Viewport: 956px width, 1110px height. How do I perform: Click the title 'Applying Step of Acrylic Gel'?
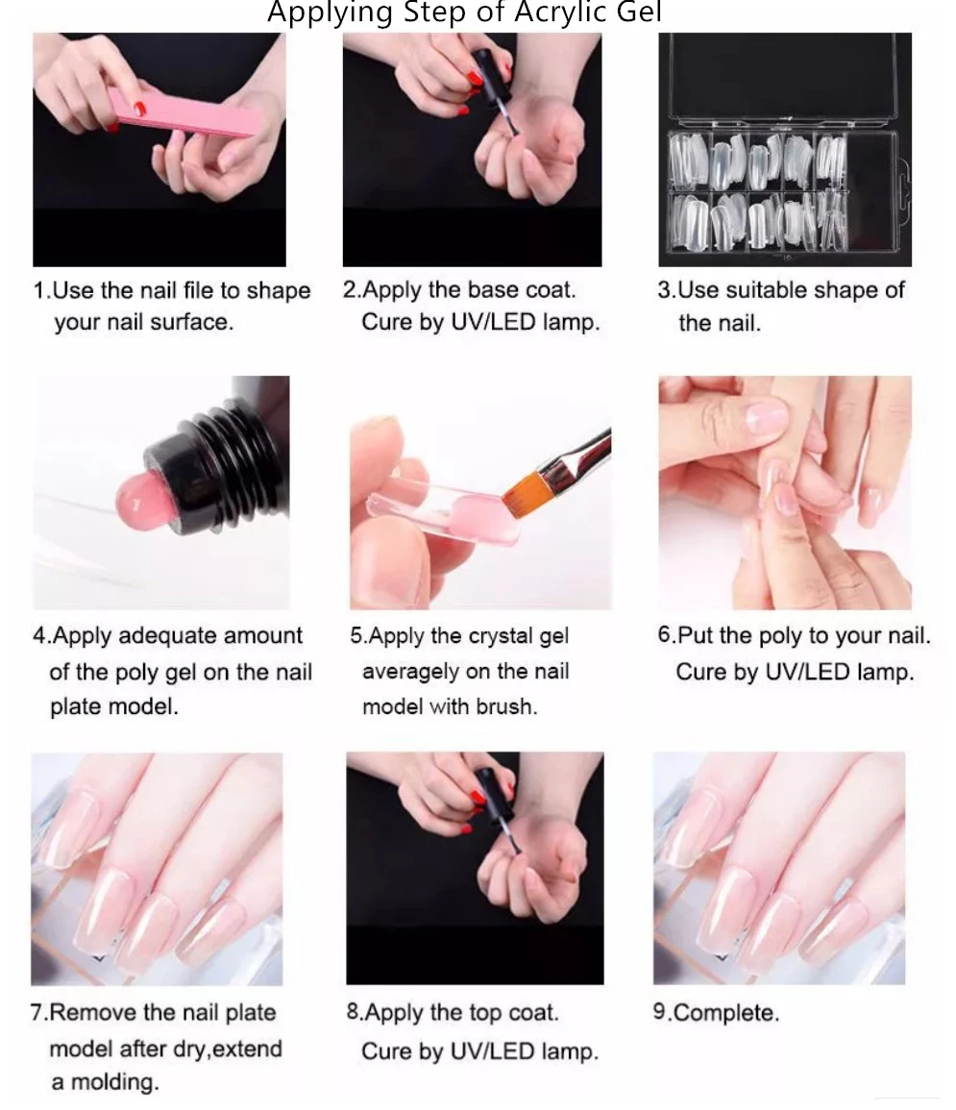[x=464, y=13]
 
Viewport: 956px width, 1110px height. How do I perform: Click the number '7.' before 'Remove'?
[x=39, y=1013]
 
